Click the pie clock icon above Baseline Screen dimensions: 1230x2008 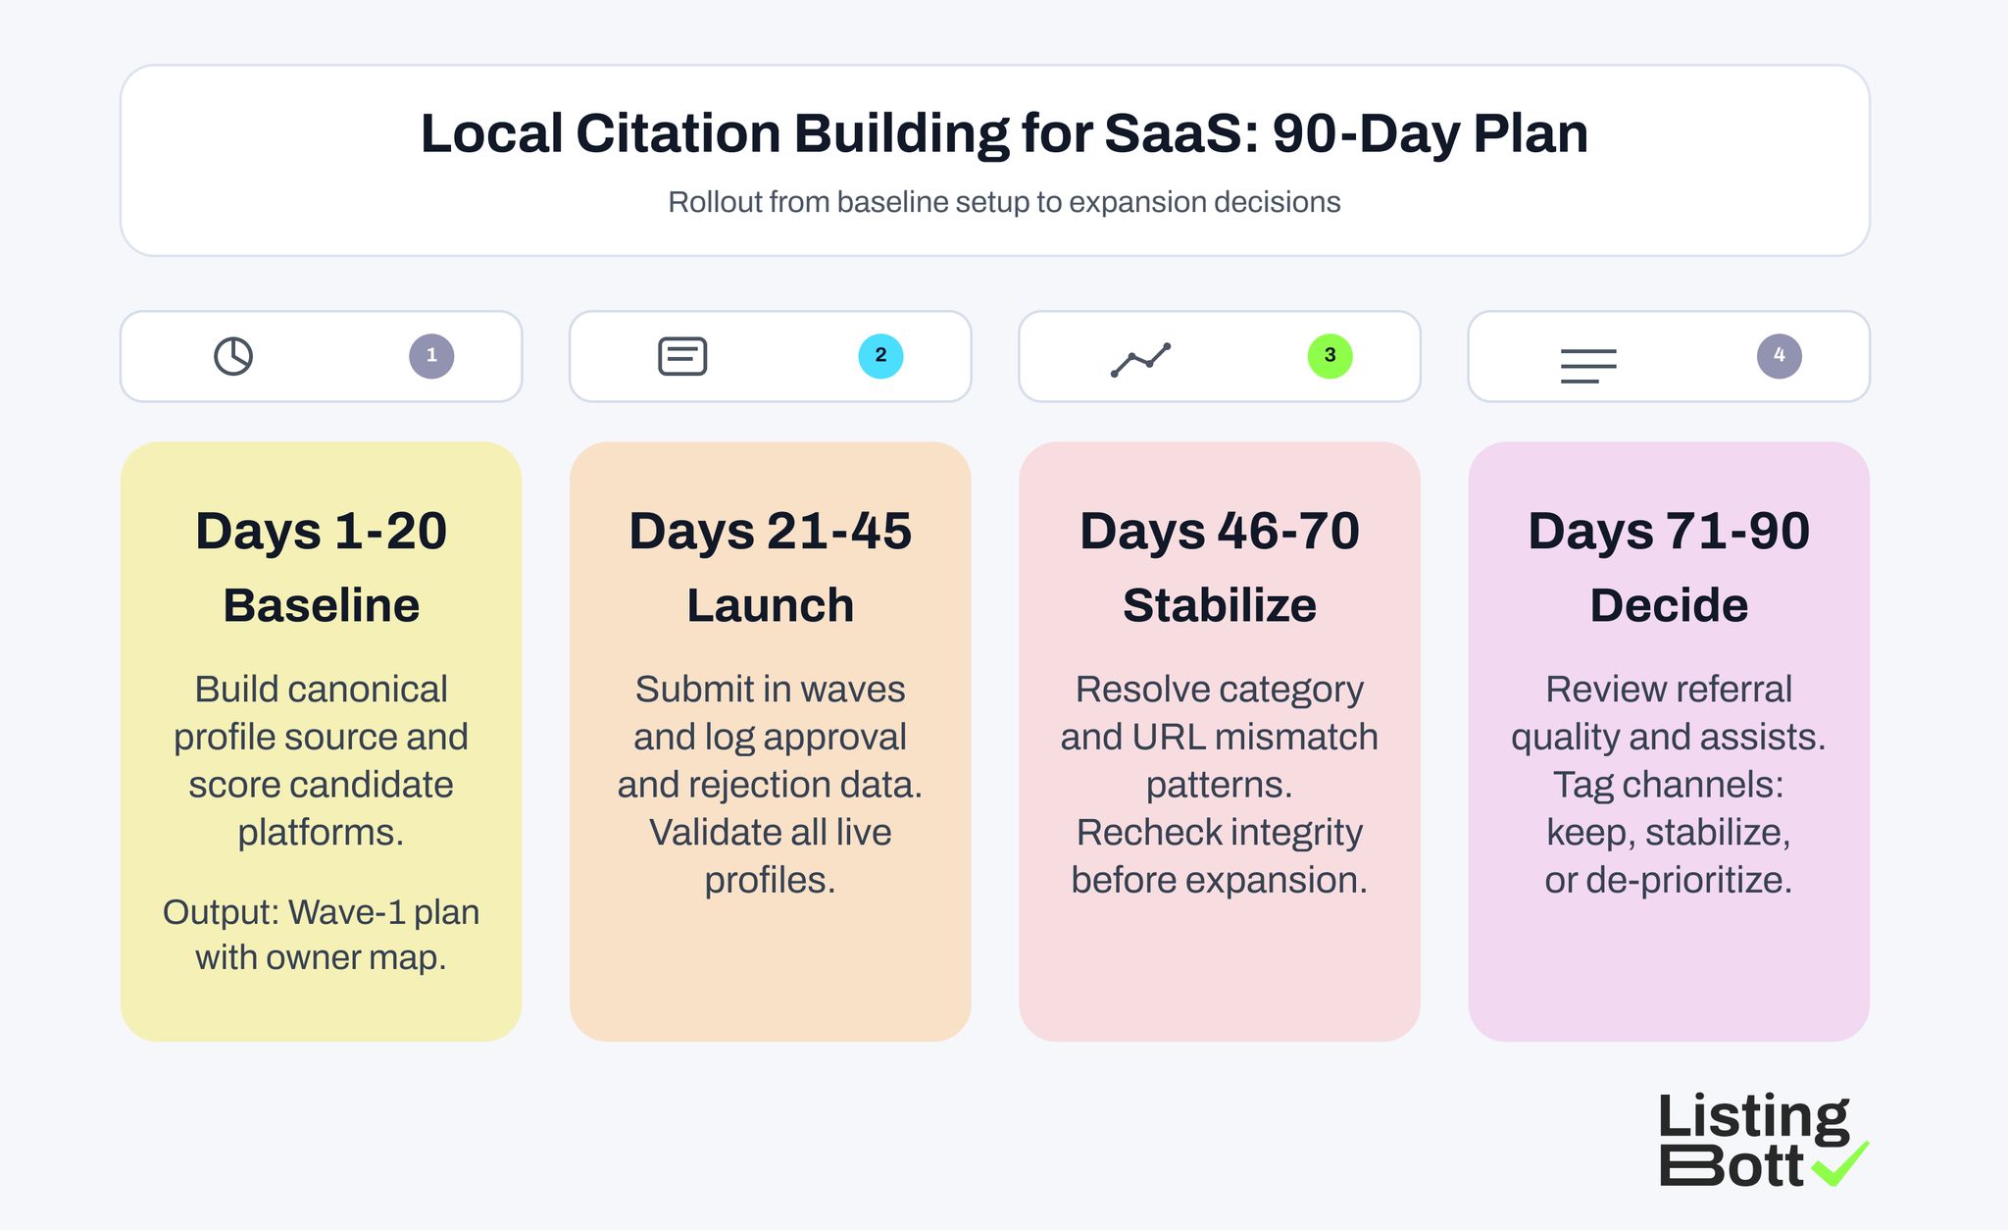[233, 356]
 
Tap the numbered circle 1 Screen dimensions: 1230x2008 [431, 356]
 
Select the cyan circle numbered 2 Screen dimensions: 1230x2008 [880, 356]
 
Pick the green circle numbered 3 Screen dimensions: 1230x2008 [1330, 356]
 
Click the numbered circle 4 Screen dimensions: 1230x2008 [1779, 356]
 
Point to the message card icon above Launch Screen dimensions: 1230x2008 [682, 356]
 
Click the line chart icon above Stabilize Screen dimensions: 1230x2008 [1140, 360]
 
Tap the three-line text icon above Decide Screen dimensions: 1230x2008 [1588, 366]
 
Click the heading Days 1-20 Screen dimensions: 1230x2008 [321, 532]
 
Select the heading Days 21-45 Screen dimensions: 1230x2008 [770, 532]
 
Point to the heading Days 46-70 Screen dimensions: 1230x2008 [1219, 532]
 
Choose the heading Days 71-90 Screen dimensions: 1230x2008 [1668, 532]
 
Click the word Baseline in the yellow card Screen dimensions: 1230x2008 [321, 605]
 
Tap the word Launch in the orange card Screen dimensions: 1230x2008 [770, 605]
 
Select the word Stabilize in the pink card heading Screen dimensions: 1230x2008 [1219, 605]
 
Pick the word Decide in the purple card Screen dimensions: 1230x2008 [1668, 605]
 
